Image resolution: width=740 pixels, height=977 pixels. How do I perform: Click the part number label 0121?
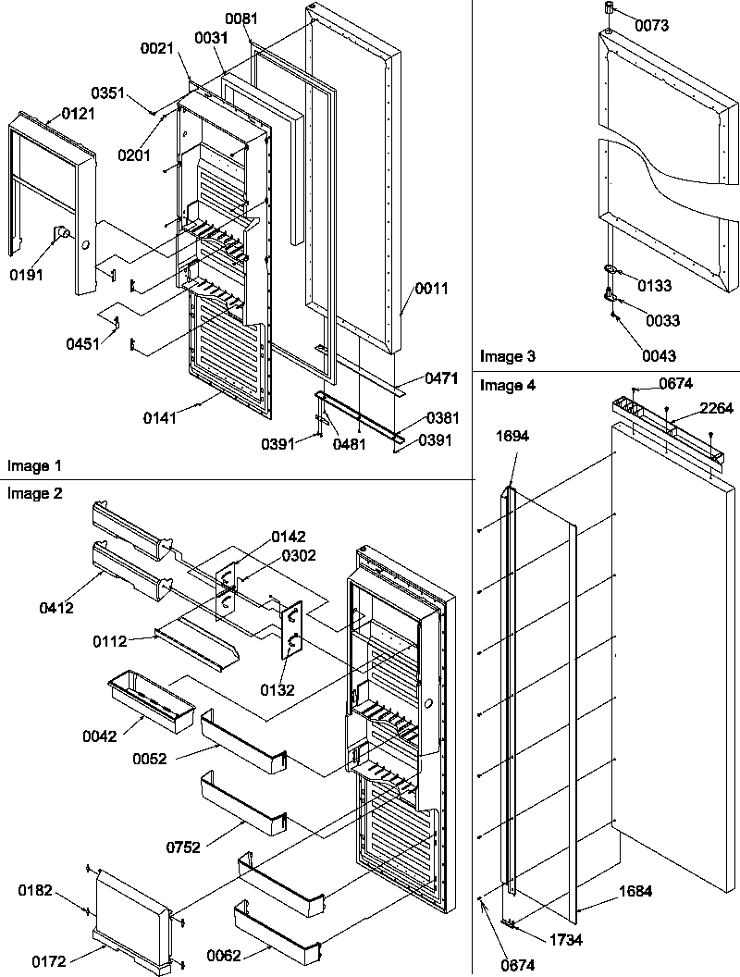coord(79,113)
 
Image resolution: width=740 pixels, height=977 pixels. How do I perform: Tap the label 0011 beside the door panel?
coord(430,289)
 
